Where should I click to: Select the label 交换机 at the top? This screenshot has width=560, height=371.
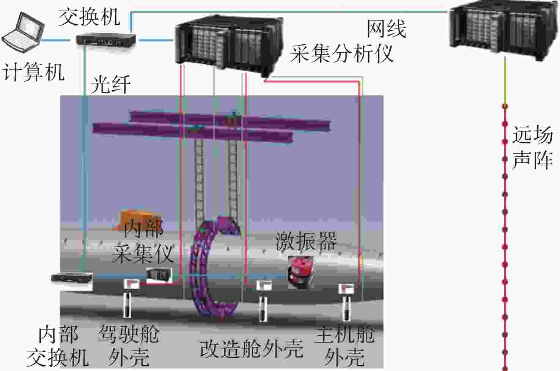coord(89,17)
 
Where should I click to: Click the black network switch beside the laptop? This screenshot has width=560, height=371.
coord(106,39)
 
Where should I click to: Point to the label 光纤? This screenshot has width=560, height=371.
coord(110,84)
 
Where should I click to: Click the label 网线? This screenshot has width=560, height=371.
coord(386,29)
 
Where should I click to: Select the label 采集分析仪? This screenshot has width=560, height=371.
coord(341,53)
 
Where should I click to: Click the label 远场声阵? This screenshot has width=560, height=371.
coord(532,148)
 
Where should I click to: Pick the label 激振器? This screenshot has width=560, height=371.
coord(306,241)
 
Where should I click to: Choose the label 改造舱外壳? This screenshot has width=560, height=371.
coord(252,348)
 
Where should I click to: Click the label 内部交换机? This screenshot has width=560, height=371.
coord(58,346)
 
